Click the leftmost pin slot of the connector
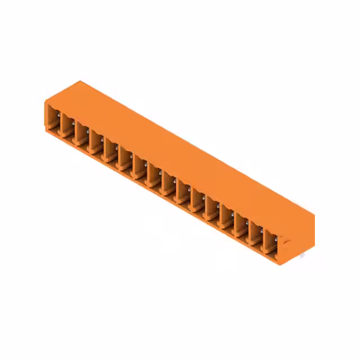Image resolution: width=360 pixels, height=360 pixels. [x=53, y=121]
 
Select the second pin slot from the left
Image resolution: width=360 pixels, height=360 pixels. [x=67, y=129]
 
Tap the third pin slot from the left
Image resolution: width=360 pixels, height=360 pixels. [x=82, y=136]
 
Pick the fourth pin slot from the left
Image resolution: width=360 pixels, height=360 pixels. [x=96, y=143]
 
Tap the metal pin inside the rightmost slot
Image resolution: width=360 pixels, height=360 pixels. [x=276, y=241]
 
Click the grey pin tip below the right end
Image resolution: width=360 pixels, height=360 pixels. [x=302, y=256]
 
